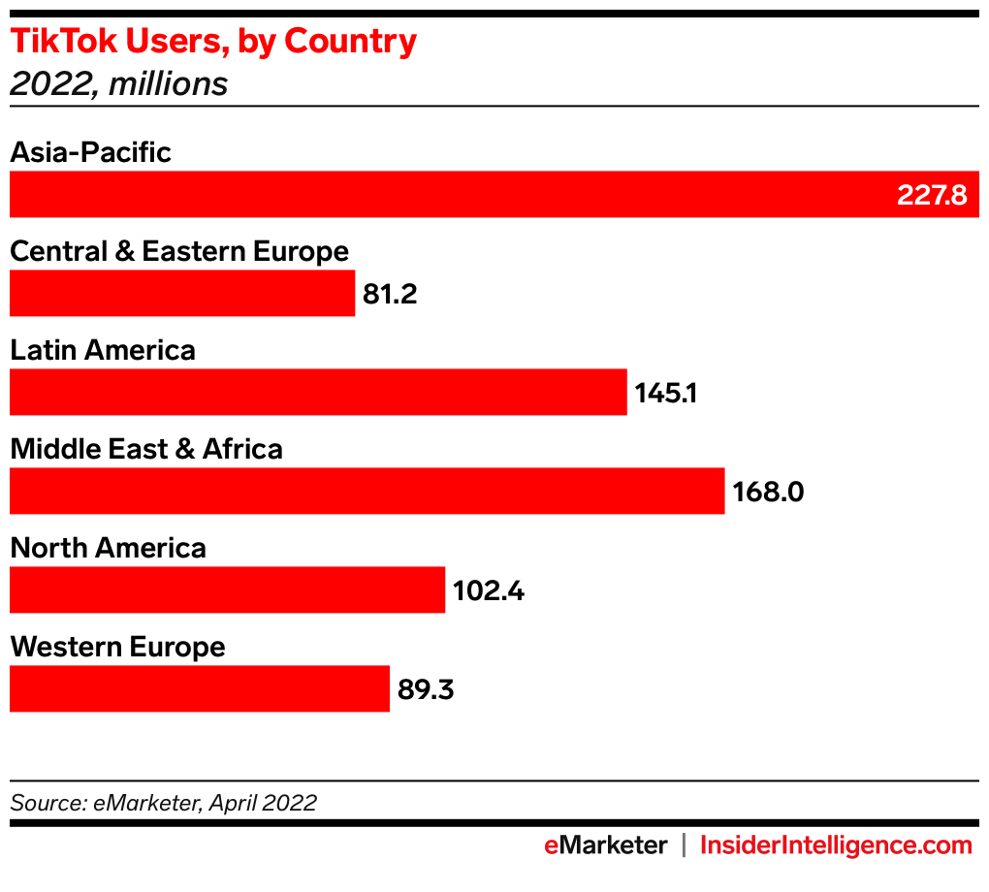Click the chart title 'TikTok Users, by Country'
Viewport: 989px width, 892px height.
213,42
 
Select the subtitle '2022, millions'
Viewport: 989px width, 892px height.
118,84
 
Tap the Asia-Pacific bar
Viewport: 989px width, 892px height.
446,194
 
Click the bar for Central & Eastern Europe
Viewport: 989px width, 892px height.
182,293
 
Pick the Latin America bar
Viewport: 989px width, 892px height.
318,392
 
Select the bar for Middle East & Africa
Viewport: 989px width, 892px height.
367,491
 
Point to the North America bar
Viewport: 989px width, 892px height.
227,589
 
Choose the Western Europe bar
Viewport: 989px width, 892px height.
199,688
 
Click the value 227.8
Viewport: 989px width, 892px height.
932,195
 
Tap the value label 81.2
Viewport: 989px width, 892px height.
390,294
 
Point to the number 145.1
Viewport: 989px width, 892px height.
666,393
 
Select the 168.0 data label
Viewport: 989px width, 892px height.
768,492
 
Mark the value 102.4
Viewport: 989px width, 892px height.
489,590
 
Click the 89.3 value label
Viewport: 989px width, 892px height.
426,689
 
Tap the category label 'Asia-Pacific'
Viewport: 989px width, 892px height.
90,152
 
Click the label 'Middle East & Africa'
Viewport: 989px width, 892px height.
146,449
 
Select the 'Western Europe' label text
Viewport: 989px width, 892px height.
117,647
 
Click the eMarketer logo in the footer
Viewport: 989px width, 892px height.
605,845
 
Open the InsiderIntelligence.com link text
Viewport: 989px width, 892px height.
836,845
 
